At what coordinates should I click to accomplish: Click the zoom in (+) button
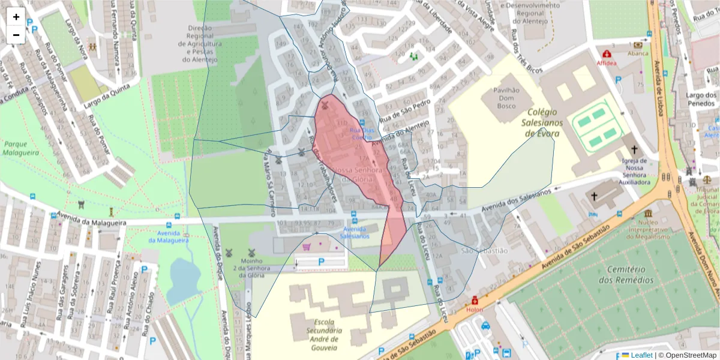pyautogui.click(x=16, y=17)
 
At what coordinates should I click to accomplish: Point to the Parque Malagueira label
pyautogui.click(x=20, y=148)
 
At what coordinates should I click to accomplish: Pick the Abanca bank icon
pyautogui.click(x=638, y=44)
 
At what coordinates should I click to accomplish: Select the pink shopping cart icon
pyautogui.click(x=307, y=247)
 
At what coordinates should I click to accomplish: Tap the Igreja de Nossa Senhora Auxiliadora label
pyautogui.click(x=634, y=171)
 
